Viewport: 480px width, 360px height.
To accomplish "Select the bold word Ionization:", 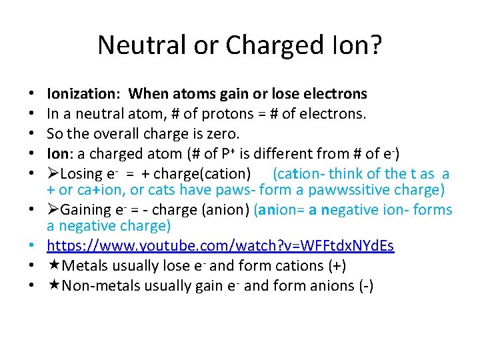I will pos(85,94).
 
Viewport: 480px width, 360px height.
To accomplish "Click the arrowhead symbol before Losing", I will pos(53,174).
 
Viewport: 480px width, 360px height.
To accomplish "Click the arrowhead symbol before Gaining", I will pos(53,210).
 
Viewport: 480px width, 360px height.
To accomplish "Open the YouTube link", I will pos(221,246).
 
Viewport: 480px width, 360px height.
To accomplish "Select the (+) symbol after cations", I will pos(335,267).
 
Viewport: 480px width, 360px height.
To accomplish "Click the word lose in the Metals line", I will pos(177,267).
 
